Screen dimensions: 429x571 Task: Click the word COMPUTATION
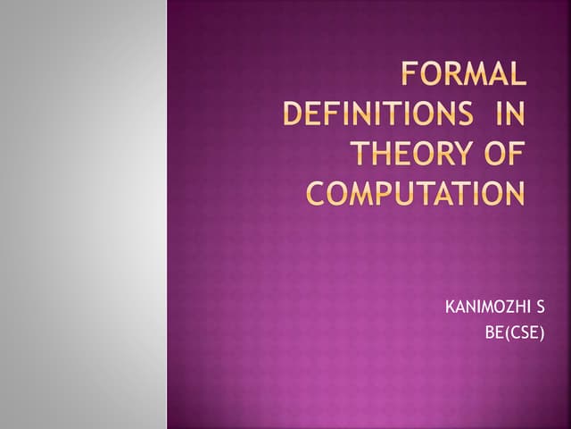[416, 193]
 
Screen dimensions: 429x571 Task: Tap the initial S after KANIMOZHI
[540, 309]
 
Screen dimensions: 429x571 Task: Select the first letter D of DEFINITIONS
[294, 115]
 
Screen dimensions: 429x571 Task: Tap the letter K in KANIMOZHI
[449, 309]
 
